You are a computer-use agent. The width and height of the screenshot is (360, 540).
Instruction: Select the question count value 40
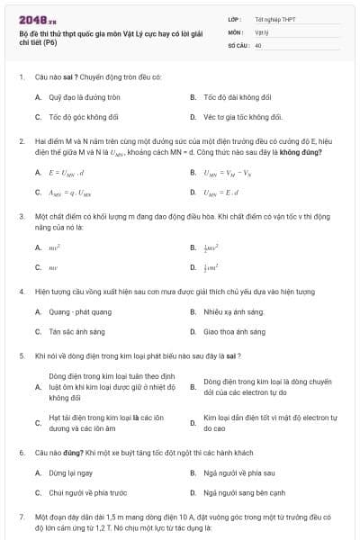[x=258, y=44]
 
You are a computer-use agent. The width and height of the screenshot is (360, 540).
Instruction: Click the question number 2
[x=21, y=142]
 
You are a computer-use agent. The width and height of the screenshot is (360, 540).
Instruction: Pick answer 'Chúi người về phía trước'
[x=87, y=492]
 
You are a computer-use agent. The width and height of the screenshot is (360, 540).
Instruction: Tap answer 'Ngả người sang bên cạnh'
[x=245, y=492]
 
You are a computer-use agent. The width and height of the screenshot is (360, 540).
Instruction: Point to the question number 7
[x=21, y=517]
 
